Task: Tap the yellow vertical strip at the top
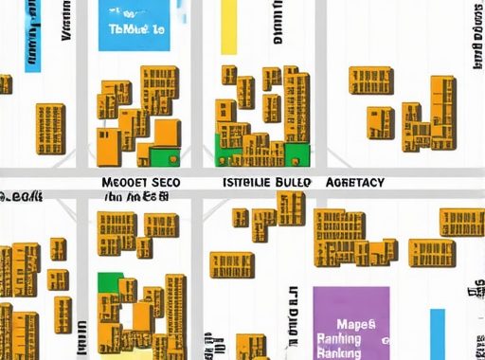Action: tap(228, 27)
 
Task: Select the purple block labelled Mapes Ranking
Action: tap(350, 322)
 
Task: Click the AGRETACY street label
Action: tap(354, 182)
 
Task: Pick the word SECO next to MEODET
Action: tap(164, 182)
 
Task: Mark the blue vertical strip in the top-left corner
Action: tap(32, 36)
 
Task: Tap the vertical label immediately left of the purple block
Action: tap(294, 322)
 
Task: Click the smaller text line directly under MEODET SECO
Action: tap(136, 197)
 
